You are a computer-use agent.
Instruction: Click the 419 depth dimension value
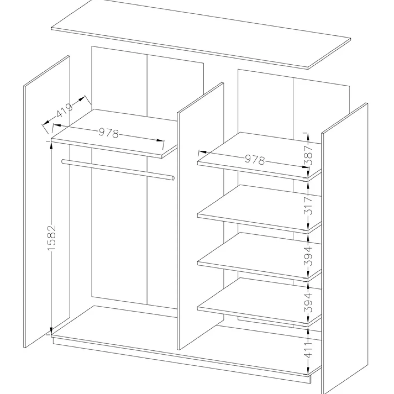(64, 111)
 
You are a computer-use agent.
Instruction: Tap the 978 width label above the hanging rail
(108, 133)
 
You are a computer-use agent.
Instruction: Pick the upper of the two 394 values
(309, 256)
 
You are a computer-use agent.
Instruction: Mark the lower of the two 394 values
(309, 302)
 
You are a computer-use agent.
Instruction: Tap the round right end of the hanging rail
(173, 178)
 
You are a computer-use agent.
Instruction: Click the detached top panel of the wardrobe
(201, 35)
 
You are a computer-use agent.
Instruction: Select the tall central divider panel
(200, 216)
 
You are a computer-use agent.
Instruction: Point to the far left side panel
(47, 201)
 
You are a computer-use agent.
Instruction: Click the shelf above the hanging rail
(114, 134)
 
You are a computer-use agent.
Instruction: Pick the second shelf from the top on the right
(260, 209)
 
